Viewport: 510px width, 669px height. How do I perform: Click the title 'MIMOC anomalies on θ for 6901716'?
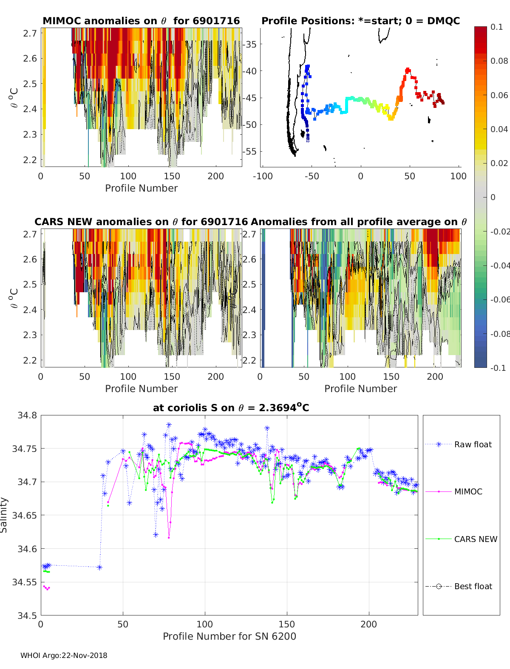click(x=141, y=21)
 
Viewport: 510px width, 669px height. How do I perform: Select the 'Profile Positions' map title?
click(x=360, y=21)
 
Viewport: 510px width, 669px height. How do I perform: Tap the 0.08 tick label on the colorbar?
click(x=499, y=61)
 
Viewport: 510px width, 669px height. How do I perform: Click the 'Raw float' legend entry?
click(x=473, y=444)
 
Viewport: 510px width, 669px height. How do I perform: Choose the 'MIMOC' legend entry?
click(x=468, y=491)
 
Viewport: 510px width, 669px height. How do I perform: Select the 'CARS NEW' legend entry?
click(x=475, y=539)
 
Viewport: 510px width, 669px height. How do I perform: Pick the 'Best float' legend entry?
click(x=473, y=586)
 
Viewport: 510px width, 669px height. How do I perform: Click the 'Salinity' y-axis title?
click(x=4, y=515)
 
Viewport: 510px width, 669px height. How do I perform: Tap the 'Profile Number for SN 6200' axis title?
click(x=229, y=636)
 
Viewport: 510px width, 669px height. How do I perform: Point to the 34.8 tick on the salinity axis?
click(x=27, y=415)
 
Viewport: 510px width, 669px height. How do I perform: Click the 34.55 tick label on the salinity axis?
click(x=25, y=582)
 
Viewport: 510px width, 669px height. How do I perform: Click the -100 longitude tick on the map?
click(x=263, y=176)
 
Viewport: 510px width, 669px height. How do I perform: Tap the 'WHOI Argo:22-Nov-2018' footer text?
click(x=64, y=655)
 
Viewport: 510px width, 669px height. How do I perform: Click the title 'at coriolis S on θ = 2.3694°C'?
click(x=231, y=408)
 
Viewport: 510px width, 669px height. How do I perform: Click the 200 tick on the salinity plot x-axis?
click(x=368, y=624)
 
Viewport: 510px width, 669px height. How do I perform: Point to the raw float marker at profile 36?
click(x=99, y=567)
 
